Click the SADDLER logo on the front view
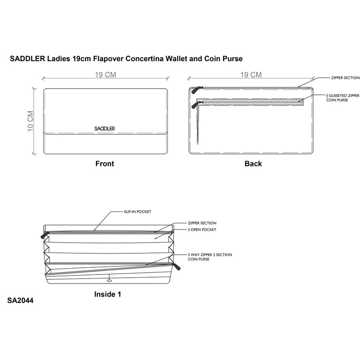tap(104, 129)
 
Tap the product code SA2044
tap(20, 301)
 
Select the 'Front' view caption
tap(105, 164)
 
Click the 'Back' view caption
tap(253, 164)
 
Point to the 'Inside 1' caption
tap(108, 294)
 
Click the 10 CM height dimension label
tap(31, 121)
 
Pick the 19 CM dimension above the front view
tap(105, 75)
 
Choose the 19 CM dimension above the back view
tap(251, 75)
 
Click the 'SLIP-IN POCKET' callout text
tap(138, 211)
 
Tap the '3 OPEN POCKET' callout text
tap(202, 229)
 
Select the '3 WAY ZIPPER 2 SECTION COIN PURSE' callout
tap(210, 257)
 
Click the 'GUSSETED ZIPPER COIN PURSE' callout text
tap(343, 98)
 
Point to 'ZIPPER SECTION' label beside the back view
tap(345, 78)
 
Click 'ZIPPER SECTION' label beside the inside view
tap(202, 223)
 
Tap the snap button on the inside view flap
tap(109, 280)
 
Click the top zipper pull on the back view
tap(195, 90)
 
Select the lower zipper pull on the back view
tap(195, 105)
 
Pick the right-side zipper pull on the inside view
tap(177, 267)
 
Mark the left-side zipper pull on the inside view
tap(45, 235)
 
